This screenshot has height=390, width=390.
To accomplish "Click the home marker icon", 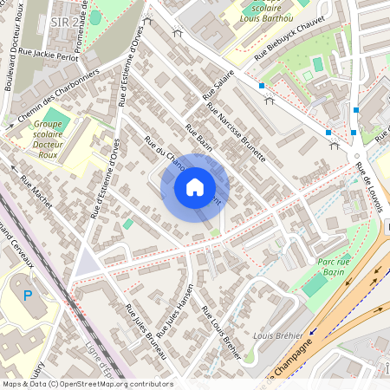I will click(x=195, y=186).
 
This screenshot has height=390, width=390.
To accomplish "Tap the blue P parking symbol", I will click(x=28, y=296).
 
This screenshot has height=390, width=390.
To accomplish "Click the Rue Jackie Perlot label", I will click(x=54, y=55).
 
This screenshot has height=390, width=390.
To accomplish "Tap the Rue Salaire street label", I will click(x=218, y=83).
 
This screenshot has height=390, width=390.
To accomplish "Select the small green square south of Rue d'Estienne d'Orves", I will click(x=128, y=224).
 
